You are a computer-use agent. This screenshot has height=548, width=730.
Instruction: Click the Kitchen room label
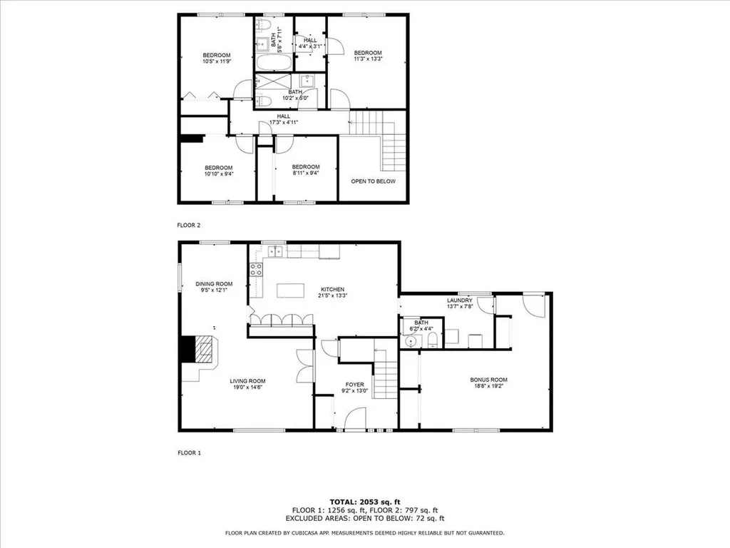(x=332, y=292)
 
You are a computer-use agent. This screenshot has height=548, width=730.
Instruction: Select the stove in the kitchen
(x=256, y=269)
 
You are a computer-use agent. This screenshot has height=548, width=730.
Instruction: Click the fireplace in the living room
(x=205, y=350)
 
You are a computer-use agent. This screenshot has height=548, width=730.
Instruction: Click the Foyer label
(x=354, y=387)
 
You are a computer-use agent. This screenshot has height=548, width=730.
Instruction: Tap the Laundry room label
(x=459, y=304)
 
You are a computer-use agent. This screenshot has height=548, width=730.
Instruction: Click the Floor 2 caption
(x=189, y=225)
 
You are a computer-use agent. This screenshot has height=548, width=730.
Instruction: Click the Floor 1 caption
(x=189, y=452)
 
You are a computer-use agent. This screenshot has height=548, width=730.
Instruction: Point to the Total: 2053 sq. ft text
(x=364, y=502)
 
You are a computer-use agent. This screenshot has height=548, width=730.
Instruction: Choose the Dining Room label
(x=214, y=288)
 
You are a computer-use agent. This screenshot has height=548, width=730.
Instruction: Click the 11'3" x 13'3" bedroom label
(x=368, y=56)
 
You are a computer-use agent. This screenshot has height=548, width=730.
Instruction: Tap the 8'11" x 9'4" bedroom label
(x=305, y=170)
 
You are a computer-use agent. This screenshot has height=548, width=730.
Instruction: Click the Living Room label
(x=247, y=384)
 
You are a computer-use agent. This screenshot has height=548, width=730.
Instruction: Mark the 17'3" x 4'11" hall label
(x=283, y=119)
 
